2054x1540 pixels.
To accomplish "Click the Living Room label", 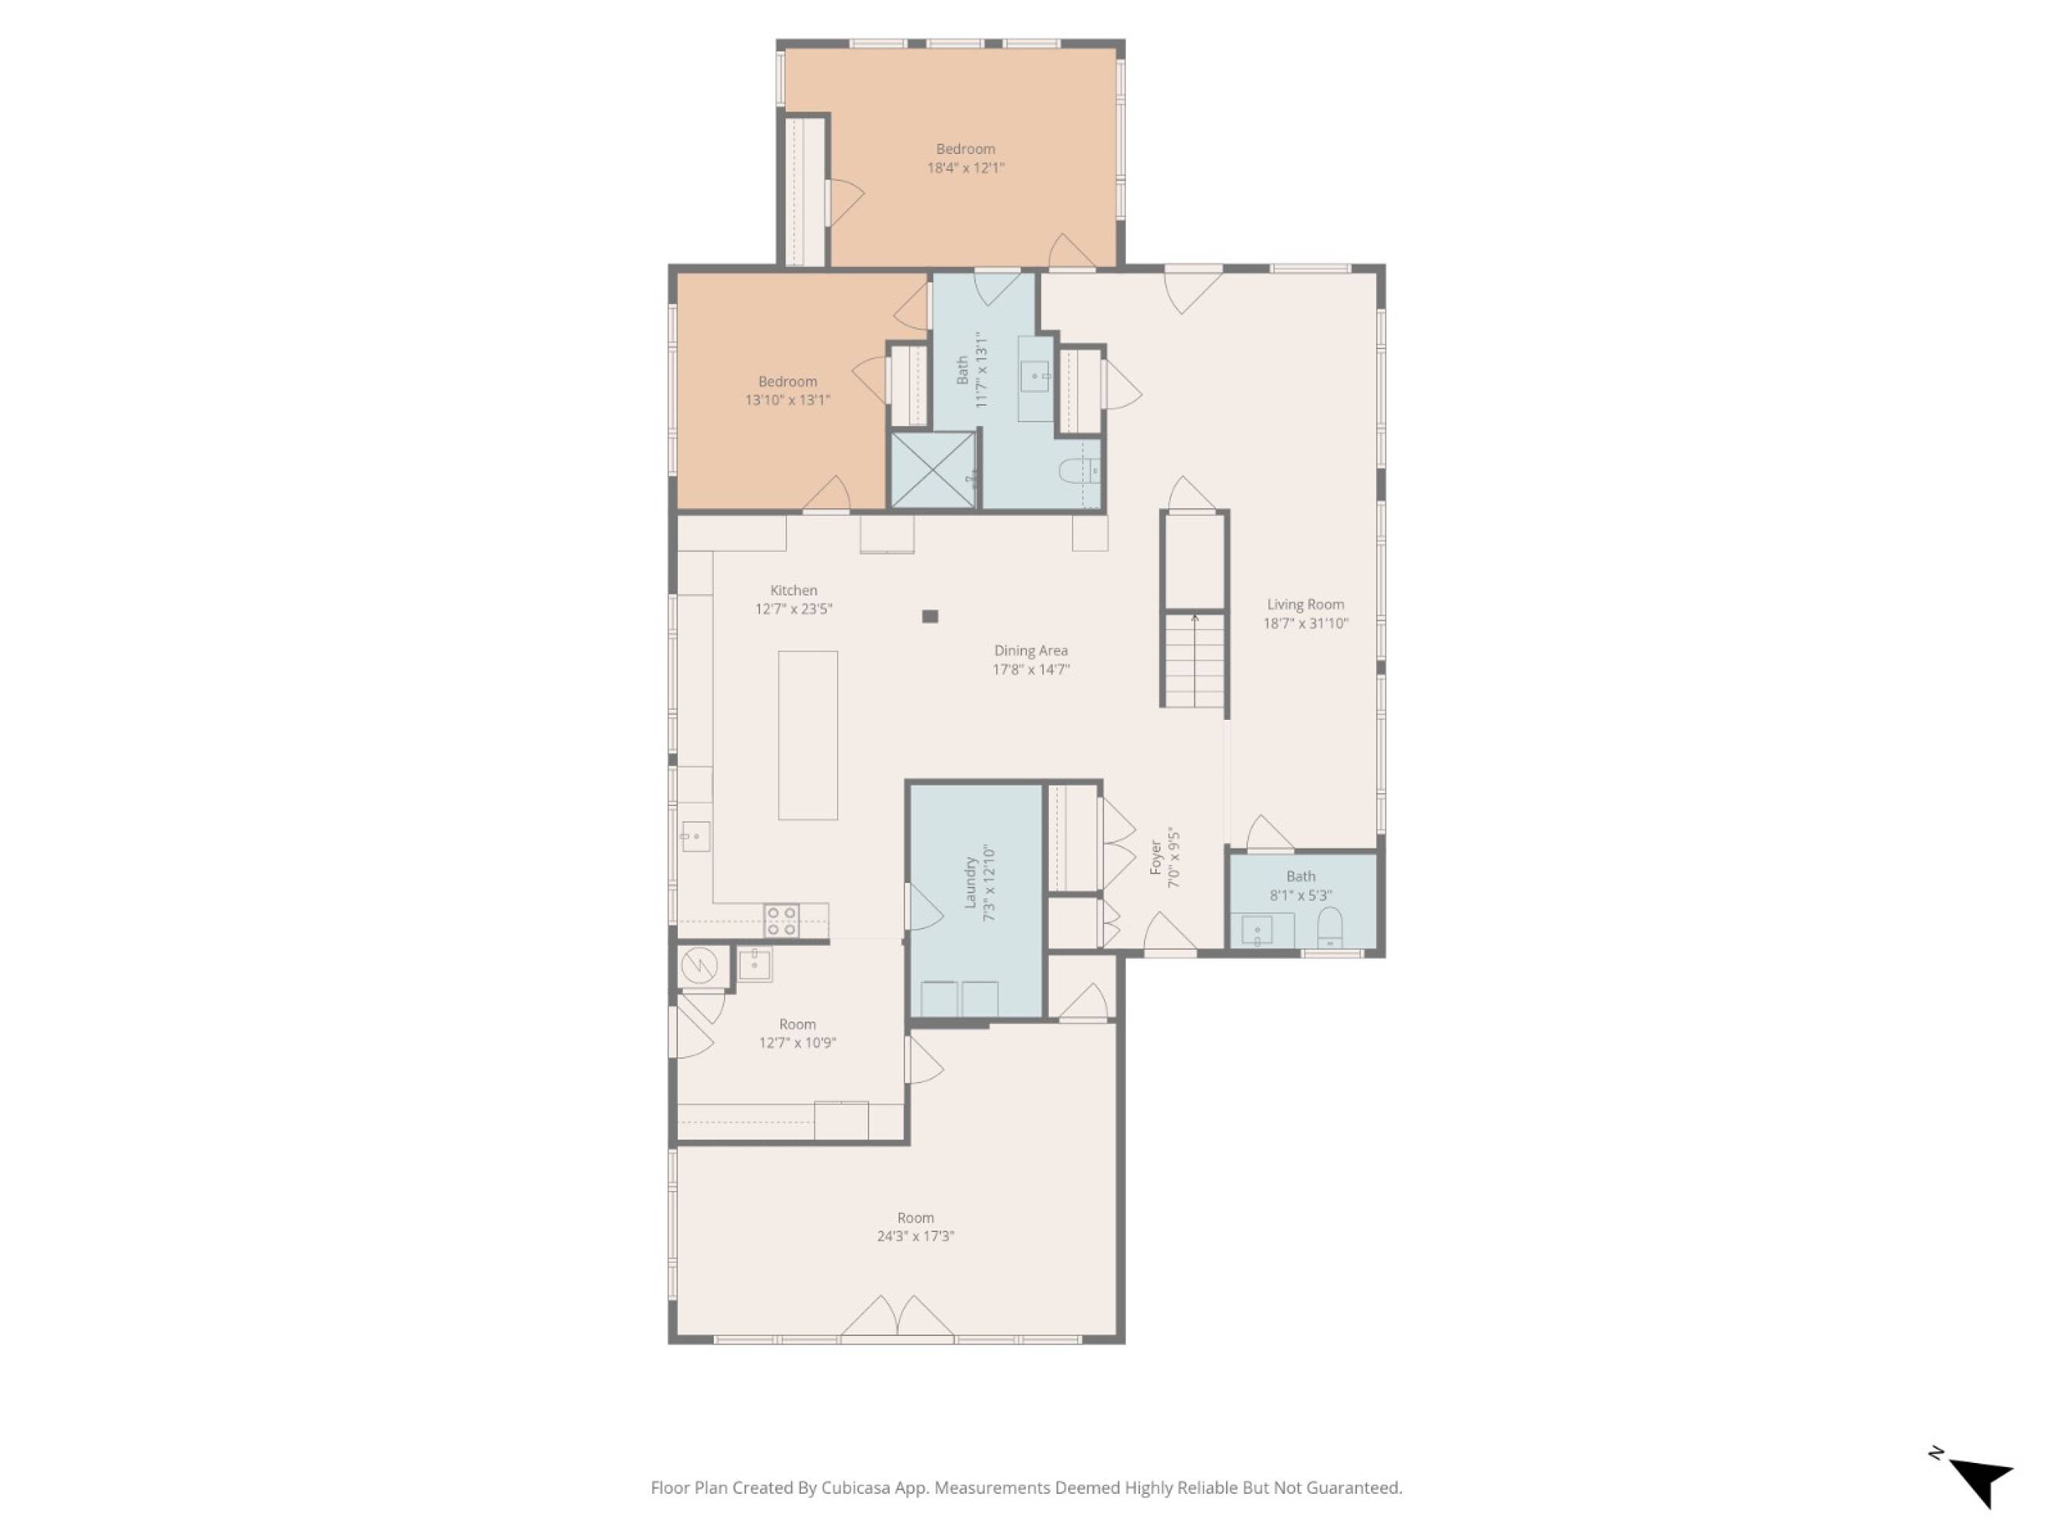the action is [1305, 604].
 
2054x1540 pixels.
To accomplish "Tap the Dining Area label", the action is [1030, 651].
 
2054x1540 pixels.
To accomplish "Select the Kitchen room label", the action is [794, 591].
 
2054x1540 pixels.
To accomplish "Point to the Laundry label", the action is [970, 882].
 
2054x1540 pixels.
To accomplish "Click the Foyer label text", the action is [1156, 858].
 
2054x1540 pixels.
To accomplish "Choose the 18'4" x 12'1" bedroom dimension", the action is [966, 168].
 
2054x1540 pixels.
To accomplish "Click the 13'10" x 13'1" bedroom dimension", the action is [787, 400].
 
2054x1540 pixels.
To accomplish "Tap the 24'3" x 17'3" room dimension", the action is [916, 1237].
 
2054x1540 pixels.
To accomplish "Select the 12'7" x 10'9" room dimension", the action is [798, 1043].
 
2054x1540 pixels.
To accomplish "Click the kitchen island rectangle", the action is [808, 735].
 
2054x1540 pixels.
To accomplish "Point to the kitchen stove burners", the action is [782, 920].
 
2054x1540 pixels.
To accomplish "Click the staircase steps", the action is [1195, 660].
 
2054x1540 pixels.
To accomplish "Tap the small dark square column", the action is [930, 616].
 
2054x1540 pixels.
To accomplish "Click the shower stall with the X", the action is [933, 470].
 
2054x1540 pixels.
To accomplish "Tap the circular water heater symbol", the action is [699, 966].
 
